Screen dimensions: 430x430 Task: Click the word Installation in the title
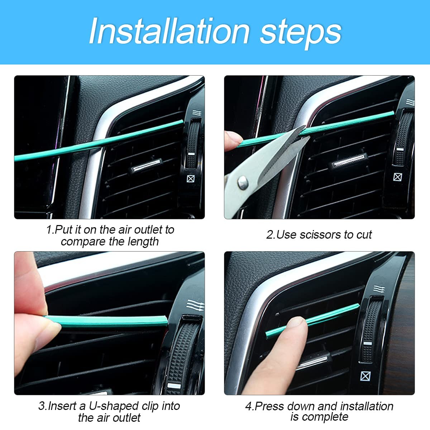pyautogui.click(x=168, y=32)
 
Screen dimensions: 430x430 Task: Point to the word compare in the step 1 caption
pyautogui.click(x=83, y=242)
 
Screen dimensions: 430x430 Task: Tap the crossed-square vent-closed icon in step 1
pyautogui.click(x=191, y=178)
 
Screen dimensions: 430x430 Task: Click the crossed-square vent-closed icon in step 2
pyautogui.click(x=398, y=177)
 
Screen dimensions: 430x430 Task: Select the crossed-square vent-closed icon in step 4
pyautogui.click(x=365, y=376)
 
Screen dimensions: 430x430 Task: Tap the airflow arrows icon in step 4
pyautogui.click(x=377, y=289)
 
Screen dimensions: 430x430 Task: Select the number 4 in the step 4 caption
pyautogui.click(x=248, y=406)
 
